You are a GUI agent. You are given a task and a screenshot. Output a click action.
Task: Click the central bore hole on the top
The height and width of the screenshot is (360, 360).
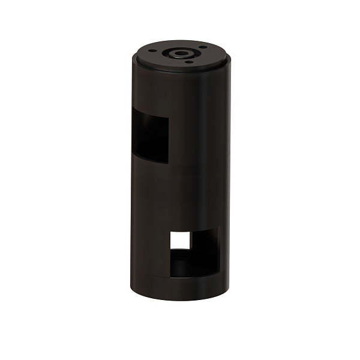[179, 53]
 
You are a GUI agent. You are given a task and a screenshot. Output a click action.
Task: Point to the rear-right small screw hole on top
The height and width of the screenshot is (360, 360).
[204, 48]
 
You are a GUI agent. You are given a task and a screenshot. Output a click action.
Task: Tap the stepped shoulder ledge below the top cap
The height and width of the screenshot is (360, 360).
[180, 67]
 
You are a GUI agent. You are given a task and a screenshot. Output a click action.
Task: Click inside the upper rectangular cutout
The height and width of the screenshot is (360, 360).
[150, 135]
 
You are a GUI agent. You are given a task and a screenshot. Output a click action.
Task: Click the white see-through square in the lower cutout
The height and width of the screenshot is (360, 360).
[180, 241]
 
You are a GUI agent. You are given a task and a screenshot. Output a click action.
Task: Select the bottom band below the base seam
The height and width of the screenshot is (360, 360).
[180, 289]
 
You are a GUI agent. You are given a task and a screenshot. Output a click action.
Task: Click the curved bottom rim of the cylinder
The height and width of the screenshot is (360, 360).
[180, 300]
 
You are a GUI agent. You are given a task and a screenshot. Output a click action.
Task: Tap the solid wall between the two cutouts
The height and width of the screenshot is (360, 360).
[180, 192]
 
